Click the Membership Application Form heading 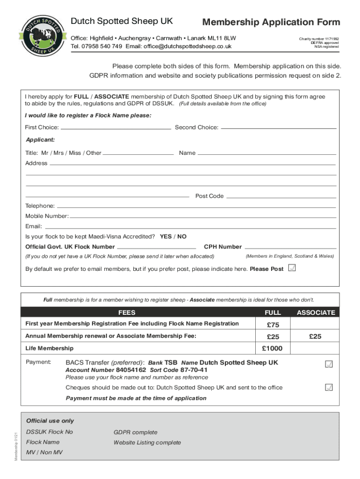pos(271,22)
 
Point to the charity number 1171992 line pos(319,39)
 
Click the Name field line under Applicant pos(266,153)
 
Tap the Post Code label pos(209,196)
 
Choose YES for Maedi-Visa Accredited pos(166,237)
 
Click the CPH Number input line pos(290,247)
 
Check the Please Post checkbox pos(292,269)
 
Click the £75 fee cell pos(273,325)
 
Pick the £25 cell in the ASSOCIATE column pos(315,336)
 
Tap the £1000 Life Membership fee pos(273,348)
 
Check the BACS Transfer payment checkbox pos(329,364)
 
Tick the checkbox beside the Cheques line pos(329,387)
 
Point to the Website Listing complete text pos(147,443)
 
